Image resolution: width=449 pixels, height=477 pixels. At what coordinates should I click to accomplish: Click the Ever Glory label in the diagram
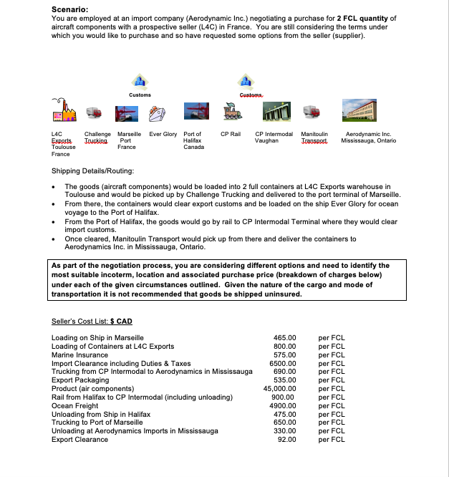coord(163,134)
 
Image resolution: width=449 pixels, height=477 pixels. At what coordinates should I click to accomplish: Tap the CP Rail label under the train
coord(231,134)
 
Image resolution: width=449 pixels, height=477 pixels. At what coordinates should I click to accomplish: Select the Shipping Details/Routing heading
coord(92,172)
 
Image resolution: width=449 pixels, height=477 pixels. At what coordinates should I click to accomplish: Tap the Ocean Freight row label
coord(75,405)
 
